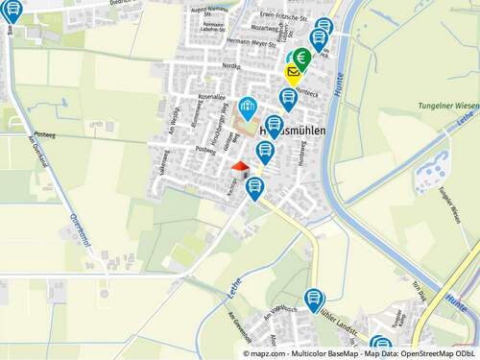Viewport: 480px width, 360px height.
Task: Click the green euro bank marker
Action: [x=302, y=58]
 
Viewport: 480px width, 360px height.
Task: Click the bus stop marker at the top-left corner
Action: [x=12, y=12]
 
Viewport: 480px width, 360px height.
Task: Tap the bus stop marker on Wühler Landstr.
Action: [x=314, y=300]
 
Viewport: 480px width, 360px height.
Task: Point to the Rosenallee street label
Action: [x=210, y=97]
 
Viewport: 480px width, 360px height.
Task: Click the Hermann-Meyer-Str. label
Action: [x=251, y=42]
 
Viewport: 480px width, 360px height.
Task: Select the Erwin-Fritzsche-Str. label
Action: [x=284, y=16]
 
